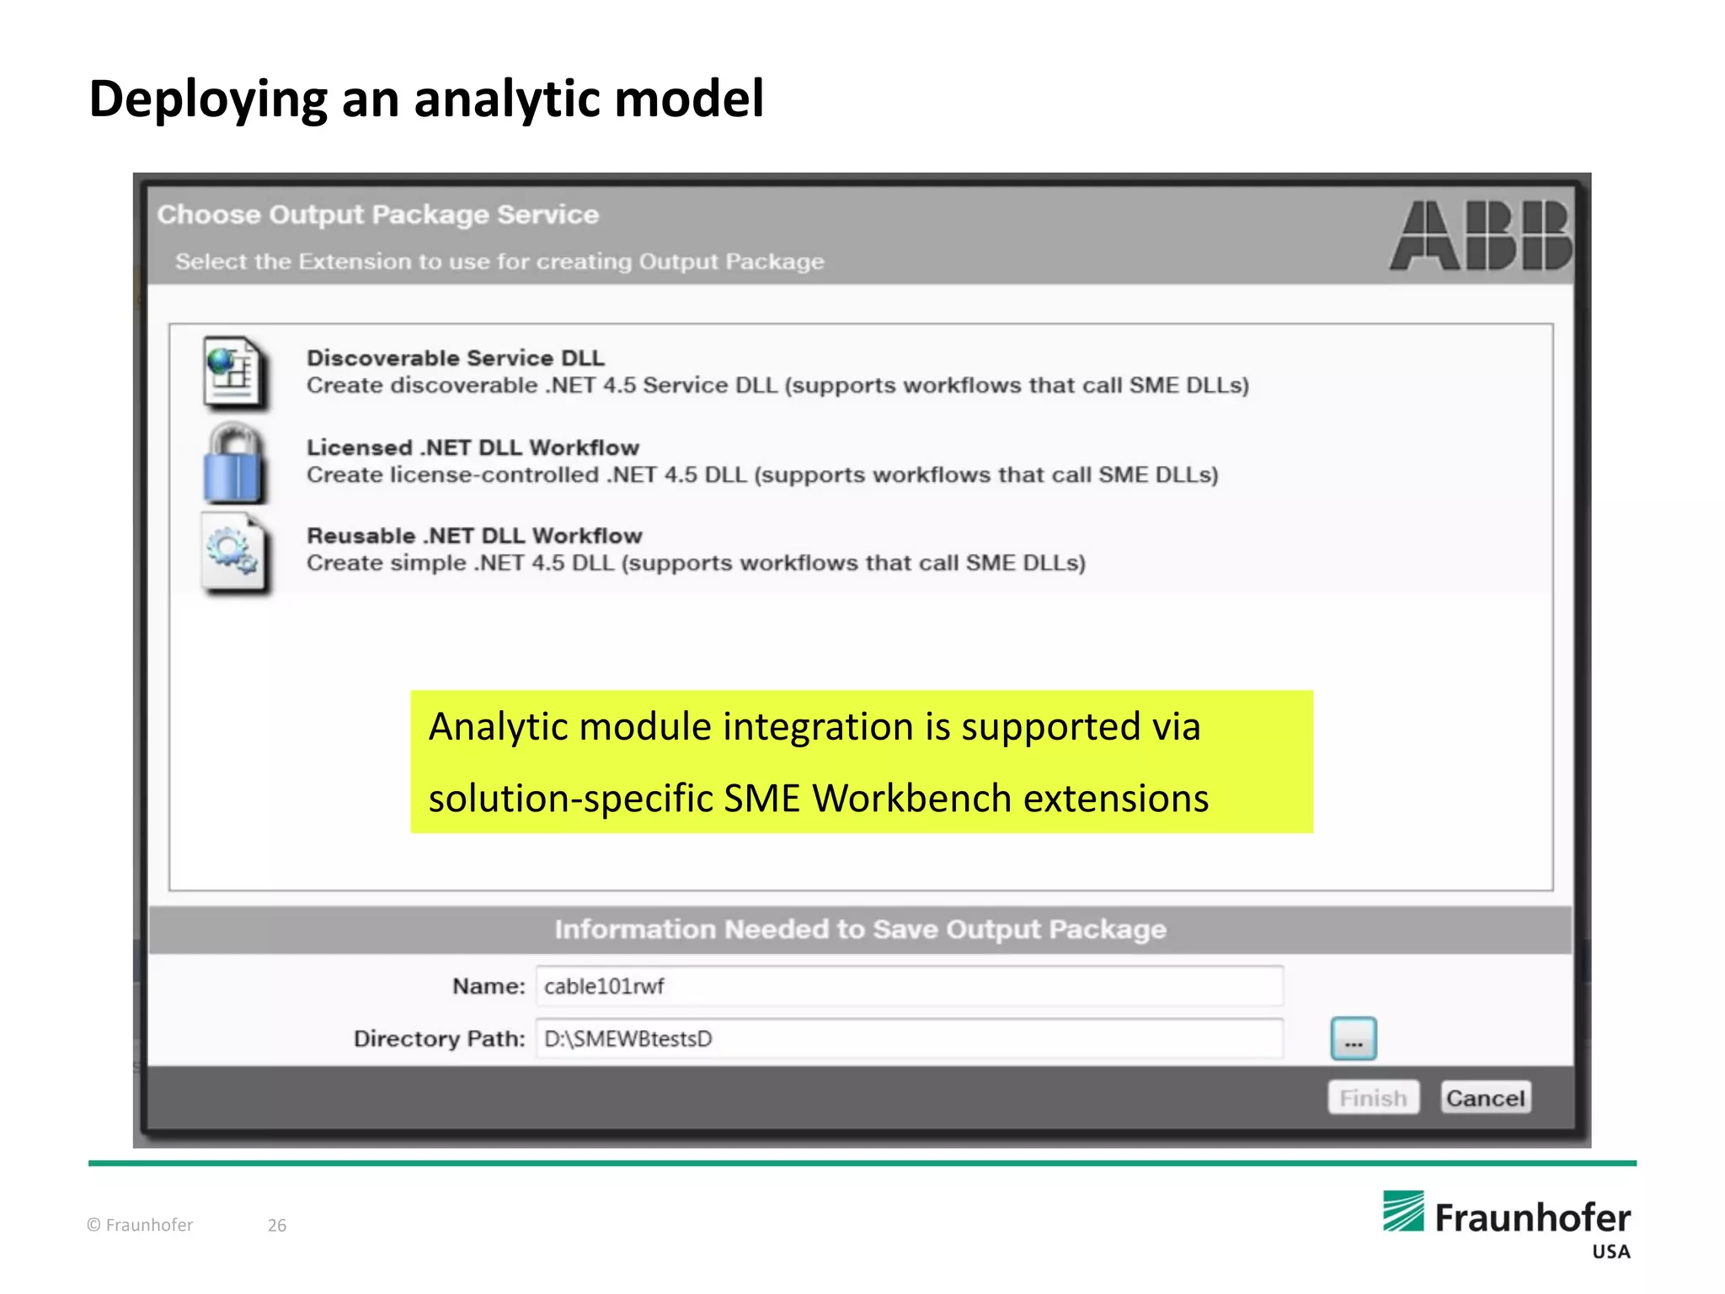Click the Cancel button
coord(1485,1098)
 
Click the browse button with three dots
coord(1354,1039)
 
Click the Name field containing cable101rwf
coord(909,986)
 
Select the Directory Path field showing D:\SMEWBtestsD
coord(909,1039)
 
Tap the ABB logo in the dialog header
coord(1480,235)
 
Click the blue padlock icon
coord(233,464)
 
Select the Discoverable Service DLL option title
coord(455,358)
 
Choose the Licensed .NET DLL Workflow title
coord(473,447)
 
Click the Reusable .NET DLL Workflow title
coord(474,536)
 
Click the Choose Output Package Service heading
coord(378,215)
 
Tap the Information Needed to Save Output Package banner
coord(860,929)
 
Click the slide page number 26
coord(277,1225)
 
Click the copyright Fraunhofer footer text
coord(141,1225)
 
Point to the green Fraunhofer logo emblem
coord(1403,1211)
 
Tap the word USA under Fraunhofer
coord(1610,1252)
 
